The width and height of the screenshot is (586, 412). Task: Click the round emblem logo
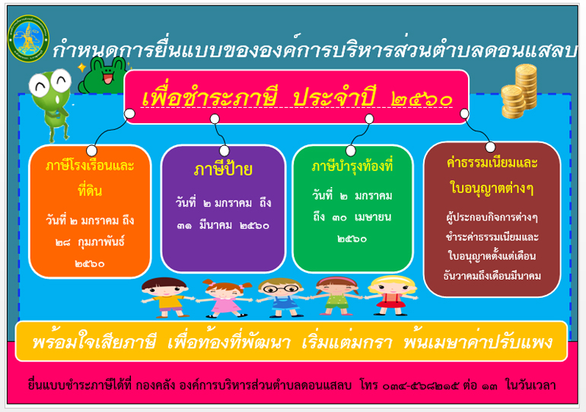click(x=28, y=39)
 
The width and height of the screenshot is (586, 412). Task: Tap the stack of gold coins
click(x=519, y=91)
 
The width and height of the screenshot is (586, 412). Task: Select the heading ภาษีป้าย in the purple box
click(x=223, y=170)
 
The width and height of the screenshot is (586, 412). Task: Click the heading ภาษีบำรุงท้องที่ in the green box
click(x=352, y=166)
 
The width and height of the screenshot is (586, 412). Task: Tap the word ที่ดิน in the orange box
click(x=90, y=190)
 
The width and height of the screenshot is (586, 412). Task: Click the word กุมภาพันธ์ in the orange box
click(x=101, y=242)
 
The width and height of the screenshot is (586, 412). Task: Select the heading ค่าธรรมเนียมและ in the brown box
click(x=492, y=163)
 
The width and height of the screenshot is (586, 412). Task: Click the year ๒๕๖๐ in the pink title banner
click(x=422, y=99)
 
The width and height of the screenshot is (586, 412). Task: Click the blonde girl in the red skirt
click(x=391, y=295)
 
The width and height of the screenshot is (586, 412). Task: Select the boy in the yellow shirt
click(x=166, y=297)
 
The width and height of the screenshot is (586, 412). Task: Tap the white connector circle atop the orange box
click(x=91, y=151)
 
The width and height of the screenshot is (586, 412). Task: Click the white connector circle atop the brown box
click(x=490, y=147)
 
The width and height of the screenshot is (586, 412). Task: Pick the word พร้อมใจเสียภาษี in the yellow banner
click(x=94, y=342)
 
